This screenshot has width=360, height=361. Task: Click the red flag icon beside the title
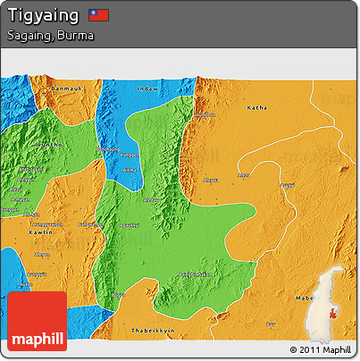(99, 15)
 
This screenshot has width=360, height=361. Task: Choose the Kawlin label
(42, 231)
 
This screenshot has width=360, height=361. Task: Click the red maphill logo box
(38, 321)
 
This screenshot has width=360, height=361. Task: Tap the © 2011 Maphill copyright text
(321, 348)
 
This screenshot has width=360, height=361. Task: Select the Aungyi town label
(289, 185)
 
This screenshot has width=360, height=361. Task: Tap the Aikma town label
(130, 168)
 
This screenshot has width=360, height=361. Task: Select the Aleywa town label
(211, 180)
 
